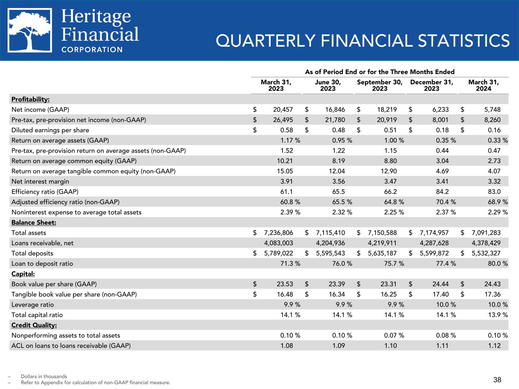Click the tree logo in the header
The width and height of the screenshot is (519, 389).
point(30,30)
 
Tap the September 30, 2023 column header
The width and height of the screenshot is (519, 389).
point(379,85)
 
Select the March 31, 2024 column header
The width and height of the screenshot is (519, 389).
point(483,85)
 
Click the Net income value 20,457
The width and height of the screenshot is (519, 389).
point(283,110)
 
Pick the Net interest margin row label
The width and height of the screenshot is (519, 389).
point(40,182)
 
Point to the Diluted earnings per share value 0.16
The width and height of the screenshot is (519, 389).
point(494,130)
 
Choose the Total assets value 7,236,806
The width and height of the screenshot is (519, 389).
point(278,233)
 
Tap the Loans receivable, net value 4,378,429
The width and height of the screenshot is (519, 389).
point(484,243)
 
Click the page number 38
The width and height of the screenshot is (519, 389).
point(497,380)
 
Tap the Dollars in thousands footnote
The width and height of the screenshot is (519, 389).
point(44,376)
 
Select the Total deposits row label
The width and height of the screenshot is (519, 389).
point(32,253)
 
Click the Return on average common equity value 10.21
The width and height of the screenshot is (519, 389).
point(285,161)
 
